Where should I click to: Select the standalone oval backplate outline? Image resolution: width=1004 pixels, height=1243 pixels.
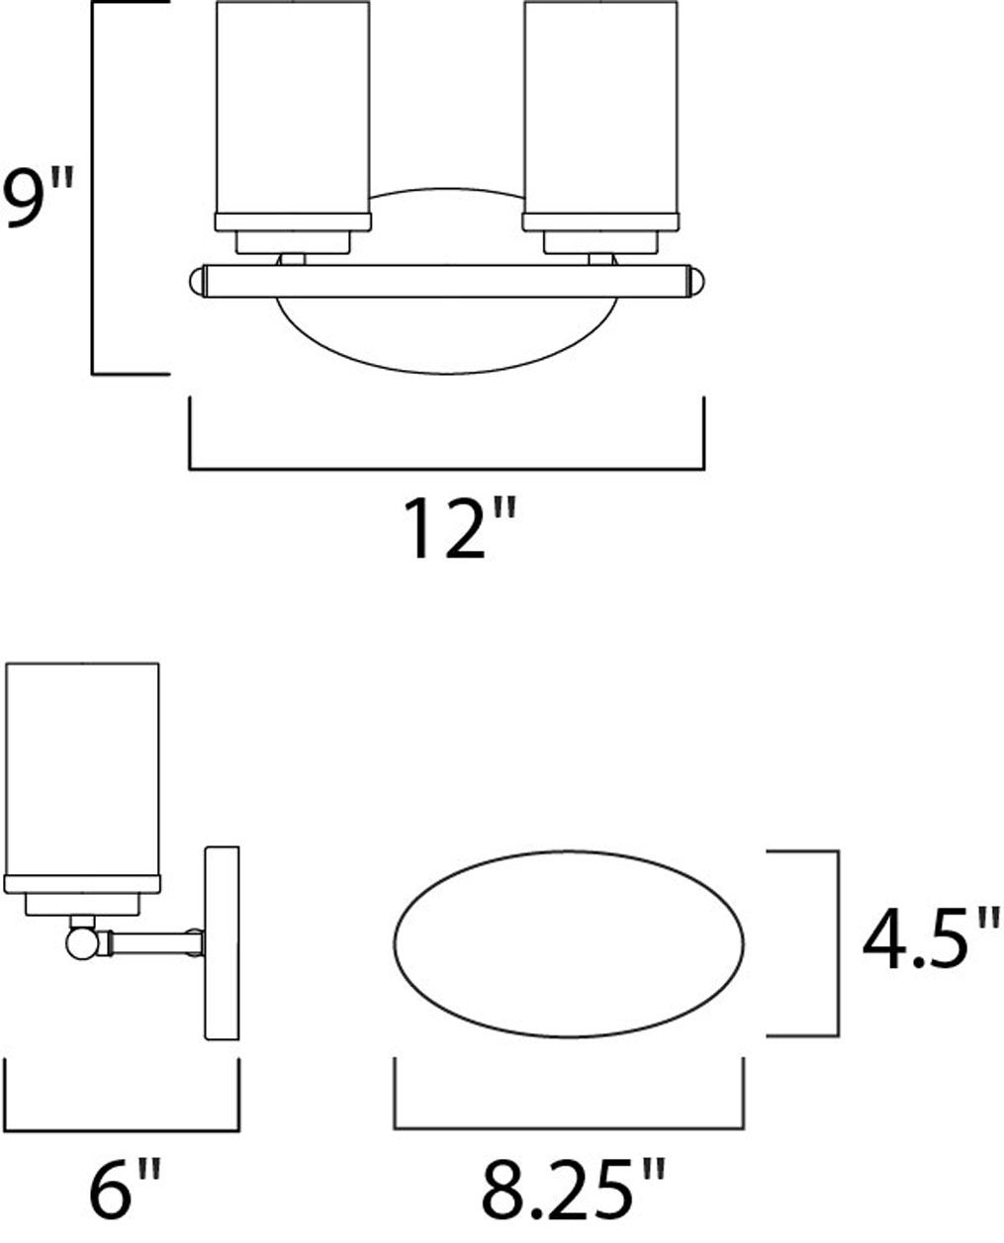coord(570,943)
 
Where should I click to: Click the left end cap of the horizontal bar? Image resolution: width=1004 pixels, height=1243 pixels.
coord(195,281)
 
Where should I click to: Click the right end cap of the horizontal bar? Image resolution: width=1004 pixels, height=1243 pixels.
coord(697,281)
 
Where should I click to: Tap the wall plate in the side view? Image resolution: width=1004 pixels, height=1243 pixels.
coord(222,941)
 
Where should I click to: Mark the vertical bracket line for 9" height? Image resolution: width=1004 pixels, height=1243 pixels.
coord(93,188)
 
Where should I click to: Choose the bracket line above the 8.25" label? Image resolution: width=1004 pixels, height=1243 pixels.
coord(570,1126)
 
